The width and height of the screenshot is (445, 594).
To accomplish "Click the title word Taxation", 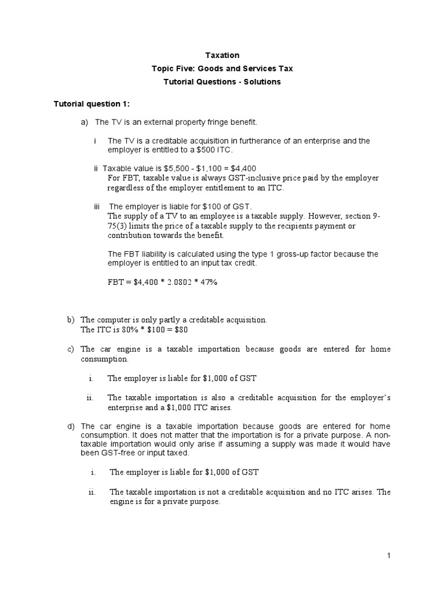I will (x=222, y=55).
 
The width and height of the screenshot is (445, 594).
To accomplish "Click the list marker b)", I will (x=71, y=320).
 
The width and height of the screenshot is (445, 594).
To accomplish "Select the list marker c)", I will (x=71, y=349).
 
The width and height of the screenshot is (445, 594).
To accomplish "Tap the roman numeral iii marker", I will (x=98, y=206).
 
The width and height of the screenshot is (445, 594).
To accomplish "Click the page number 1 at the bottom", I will (x=389, y=556).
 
